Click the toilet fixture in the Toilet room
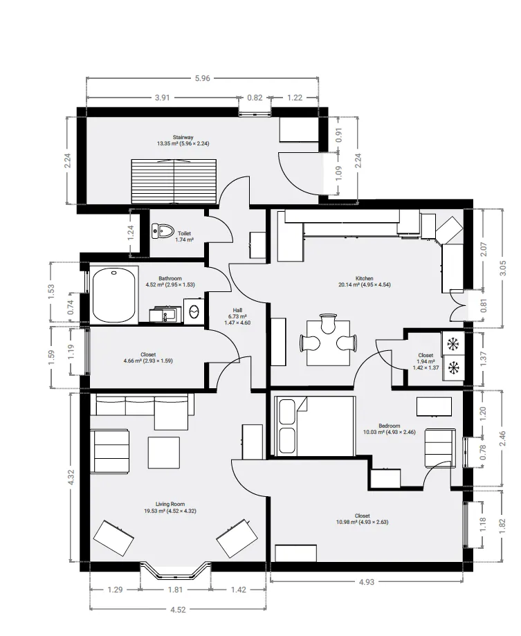tap(162, 231)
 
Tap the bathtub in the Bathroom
tap(113, 295)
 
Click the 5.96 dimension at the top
tap(202, 78)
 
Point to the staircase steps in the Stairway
tap(174, 181)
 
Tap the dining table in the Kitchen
tap(329, 343)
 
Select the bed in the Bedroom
tap(315, 426)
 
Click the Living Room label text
tap(170, 505)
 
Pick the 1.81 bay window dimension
tap(175, 590)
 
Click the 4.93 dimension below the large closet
tap(366, 582)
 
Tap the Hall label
tap(237, 310)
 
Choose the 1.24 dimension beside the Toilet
tap(130, 233)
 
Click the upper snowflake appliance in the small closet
tap(452, 344)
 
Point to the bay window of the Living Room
tap(176, 570)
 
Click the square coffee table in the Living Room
tap(164, 453)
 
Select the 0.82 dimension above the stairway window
tap(255, 98)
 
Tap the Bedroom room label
tap(390, 426)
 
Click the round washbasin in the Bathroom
tap(194, 311)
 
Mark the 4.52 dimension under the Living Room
tap(178, 610)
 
